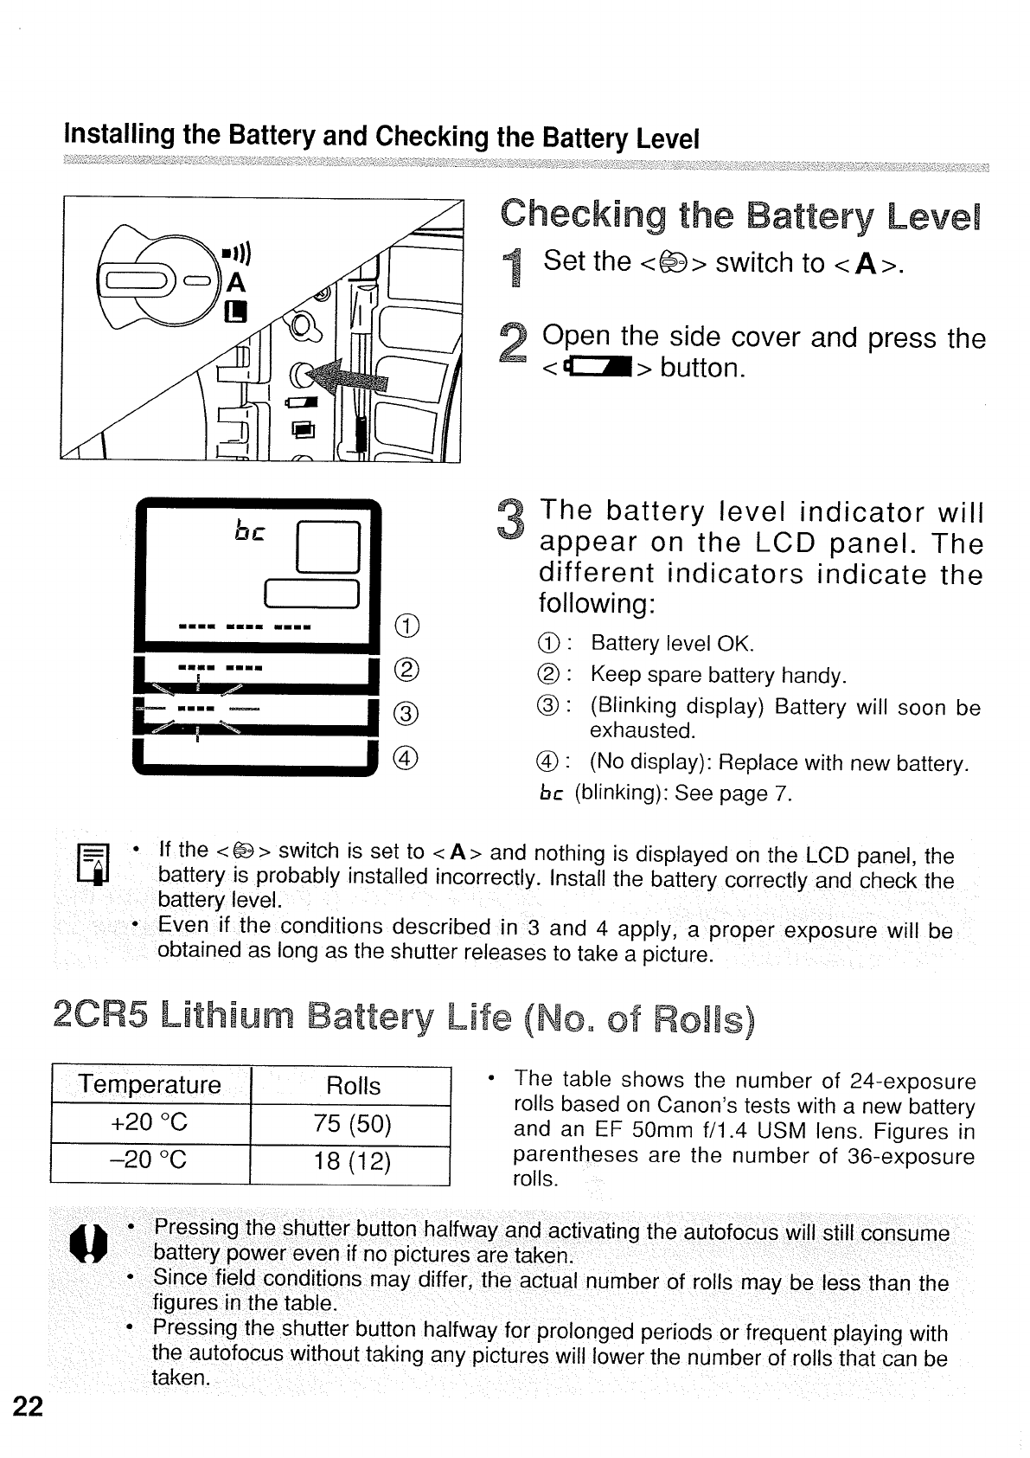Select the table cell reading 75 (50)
[353, 1123]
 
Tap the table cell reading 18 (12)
[353, 1160]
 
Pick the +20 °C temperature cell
[150, 1122]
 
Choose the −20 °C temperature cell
[150, 1159]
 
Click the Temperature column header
[150, 1084]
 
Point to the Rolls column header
[353, 1085]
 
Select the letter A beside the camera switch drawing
[235, 283]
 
